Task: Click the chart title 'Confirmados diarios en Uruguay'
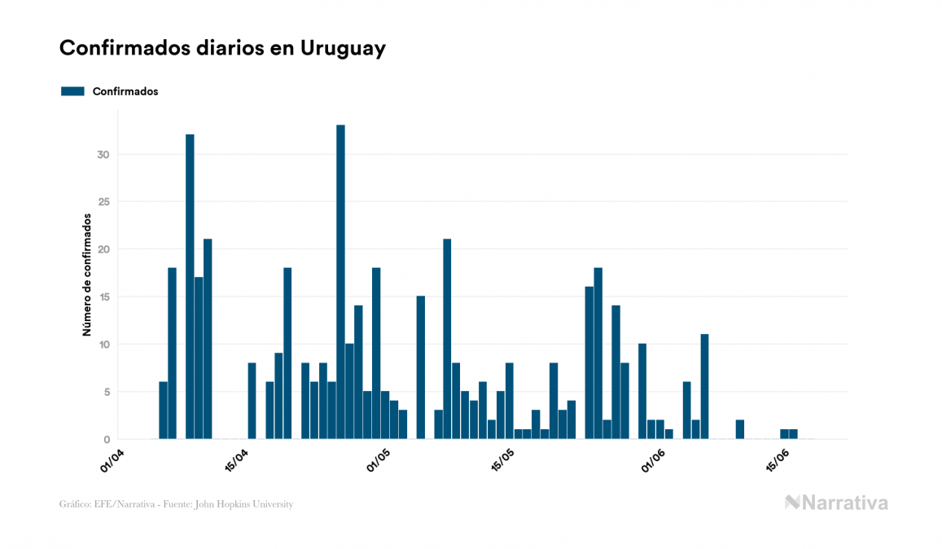tap(222, 48)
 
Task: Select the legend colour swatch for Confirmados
tap(72, 91)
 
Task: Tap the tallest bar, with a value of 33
tap(340, 282)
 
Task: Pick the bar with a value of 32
tap(190, 287)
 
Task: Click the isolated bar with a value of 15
tap(420, 367)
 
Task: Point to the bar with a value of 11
tap(704, 386)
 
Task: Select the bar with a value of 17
tap(199, 358)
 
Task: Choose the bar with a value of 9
tap(278, 396)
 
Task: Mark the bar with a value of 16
tap(589, 362)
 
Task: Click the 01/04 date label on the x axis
tap(113, 460)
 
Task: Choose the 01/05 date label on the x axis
tap(379, 460)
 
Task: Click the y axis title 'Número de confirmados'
tap(86, 275)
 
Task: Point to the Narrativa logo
tap(836, 503)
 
